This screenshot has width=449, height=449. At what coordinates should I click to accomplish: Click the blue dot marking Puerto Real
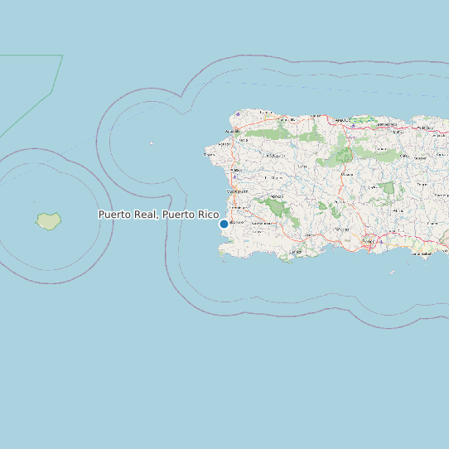click(224, 224)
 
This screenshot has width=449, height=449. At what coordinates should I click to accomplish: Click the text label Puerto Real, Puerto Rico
click(158, 215)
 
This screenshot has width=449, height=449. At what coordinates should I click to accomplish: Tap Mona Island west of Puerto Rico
click(49, 221)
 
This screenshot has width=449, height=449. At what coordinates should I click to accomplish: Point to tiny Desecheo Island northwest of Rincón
click(151, 143)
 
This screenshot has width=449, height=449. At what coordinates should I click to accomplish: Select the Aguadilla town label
click(232, 132)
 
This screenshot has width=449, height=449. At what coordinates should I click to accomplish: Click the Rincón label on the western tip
click(210, 154)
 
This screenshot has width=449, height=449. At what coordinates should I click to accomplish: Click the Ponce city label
click(368, 241)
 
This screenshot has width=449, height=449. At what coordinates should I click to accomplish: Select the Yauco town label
click(308, 234)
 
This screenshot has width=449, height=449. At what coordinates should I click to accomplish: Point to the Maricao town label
click(276, 196)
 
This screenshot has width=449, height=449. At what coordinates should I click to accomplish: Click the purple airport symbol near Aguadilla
click(238, 114)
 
